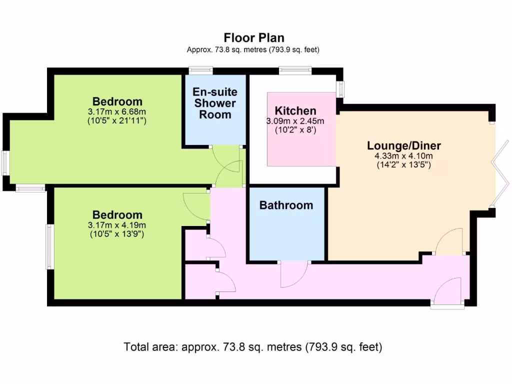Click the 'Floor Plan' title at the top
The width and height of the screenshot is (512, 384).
254,38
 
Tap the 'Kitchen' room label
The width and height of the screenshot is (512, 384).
295,110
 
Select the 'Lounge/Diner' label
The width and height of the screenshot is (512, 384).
404,145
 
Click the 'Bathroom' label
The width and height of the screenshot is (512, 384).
286,205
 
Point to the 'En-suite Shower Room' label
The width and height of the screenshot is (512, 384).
215,103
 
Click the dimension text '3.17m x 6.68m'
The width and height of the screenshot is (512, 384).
117,111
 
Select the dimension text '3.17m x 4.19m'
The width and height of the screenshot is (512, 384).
117,225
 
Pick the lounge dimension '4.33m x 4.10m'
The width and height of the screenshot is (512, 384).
404,155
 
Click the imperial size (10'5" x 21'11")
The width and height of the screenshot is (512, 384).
117,120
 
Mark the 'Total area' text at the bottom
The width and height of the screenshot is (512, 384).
253,346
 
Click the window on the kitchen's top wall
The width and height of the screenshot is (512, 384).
295,70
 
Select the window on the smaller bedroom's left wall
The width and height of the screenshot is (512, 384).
49,246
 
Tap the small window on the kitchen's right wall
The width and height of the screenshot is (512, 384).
341,89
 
